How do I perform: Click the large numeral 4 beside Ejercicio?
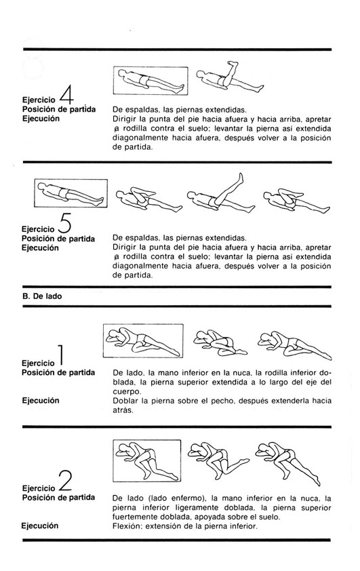tap(66, 95)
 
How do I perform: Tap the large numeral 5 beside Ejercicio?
tap(64, 224)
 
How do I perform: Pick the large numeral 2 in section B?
tap(65, 481)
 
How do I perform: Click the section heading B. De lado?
tap(42, 296)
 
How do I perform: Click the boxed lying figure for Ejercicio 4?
tap(151, 81)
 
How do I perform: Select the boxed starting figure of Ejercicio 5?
tap(71, 193)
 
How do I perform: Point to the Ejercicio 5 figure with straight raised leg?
tap(221, 194)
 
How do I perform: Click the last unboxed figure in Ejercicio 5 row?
tap(296, 201)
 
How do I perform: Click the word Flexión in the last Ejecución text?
tap(125, 526)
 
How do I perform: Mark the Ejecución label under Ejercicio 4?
tap(41, 119)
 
